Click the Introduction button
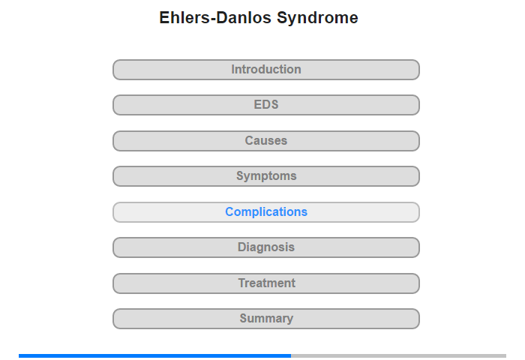click(x=266, y=70)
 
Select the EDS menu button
click(x=266, y=105)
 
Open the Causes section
click(x=266, y=141)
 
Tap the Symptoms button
click(x=266, y=176)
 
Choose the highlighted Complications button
click(x=266, y=212)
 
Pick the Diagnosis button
click(x=266, y=247)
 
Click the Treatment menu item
click(x=266, y=283)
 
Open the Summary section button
click(x=266, y=319)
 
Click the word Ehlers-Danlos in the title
click(x=215, y=18)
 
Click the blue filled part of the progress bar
click(x=154, y=355)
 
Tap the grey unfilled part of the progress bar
click(x=398, y=355)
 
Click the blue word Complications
click(x=266, y=212)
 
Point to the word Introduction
click(x=266, y=69)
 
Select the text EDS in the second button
click(x=266, y=104)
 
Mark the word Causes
click(x=266, y=140)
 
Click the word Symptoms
click(x=266, y=176)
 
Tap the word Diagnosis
click(x=266, y=247)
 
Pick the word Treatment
click(x=267, y=283)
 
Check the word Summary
click(x=266, y=319)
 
